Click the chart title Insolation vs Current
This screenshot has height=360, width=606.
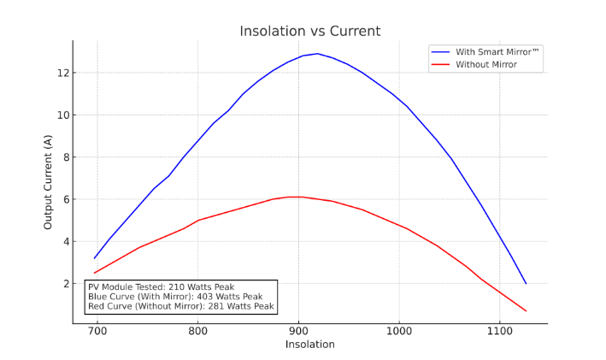[x=309, y=32]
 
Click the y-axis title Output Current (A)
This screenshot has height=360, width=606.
[x=49, y=181]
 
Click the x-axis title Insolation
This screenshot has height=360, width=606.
[x=309, y=345]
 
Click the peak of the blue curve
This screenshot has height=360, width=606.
[x=318, y=54]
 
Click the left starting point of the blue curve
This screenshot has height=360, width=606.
[x=95, y=258]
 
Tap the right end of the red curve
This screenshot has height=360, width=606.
[x=526, y=311]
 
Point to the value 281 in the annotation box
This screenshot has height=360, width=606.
[x=217, y=306]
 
